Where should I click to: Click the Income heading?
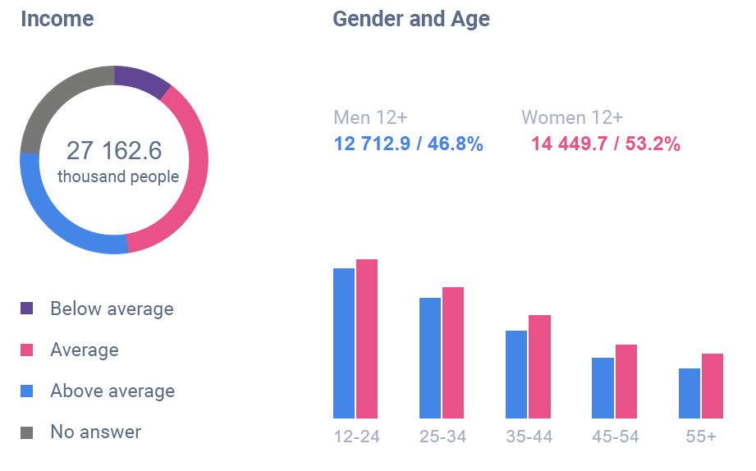pos(57,19)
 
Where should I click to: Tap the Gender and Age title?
pos(411,19)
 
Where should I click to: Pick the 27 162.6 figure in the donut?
pos(114,151)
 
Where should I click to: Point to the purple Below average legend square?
pos(27,309)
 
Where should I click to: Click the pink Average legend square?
pos(27,350)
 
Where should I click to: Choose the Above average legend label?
pos(112,391)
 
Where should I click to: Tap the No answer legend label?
pos(95,432)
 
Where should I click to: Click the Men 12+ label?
pos(371,117)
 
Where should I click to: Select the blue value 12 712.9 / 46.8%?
pos(408,144)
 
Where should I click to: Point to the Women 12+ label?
pos(572,117)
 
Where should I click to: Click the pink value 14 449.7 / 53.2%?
pos(606,144)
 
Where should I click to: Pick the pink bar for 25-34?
pos(453,353)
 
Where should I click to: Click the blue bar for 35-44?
pos(516,374)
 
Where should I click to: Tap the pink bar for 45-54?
pos(626,381)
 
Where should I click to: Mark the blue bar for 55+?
pos(690,393)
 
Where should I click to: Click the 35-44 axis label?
pos(529,437)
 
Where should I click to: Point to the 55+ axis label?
pos(701,437)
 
